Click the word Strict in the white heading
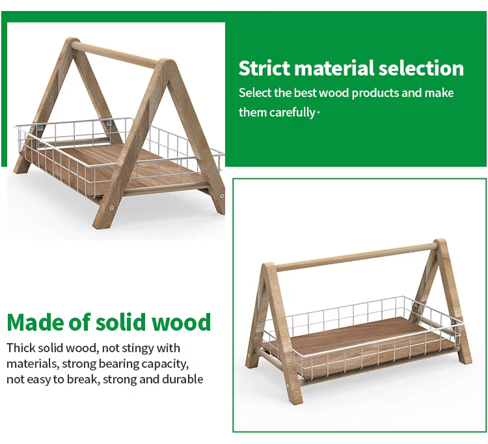click(x=265, y=68)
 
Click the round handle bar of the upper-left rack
click(x=113, y=55)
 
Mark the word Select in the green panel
click(x=255, y=93)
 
